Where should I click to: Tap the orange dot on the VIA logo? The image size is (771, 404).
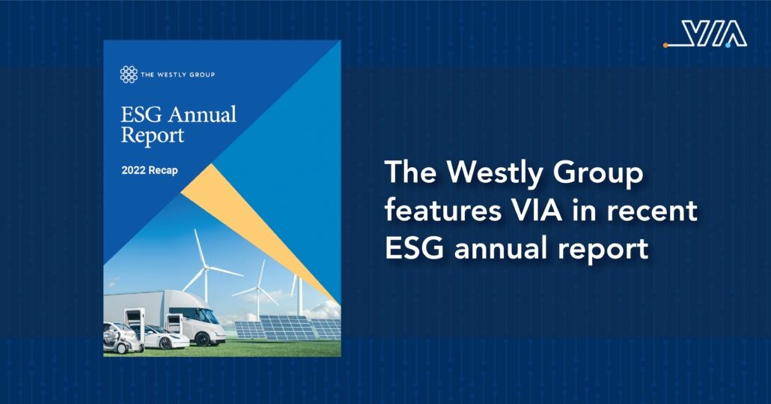665,45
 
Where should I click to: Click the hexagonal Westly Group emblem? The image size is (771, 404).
129,74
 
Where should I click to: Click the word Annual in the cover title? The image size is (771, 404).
202,115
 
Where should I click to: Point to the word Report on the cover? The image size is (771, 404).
153,136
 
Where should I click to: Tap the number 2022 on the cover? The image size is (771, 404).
133,170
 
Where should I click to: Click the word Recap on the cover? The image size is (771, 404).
162,171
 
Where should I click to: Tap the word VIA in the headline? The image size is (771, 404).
531,211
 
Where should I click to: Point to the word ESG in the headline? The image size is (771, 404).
415,248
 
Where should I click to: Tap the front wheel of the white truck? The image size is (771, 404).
203,340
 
